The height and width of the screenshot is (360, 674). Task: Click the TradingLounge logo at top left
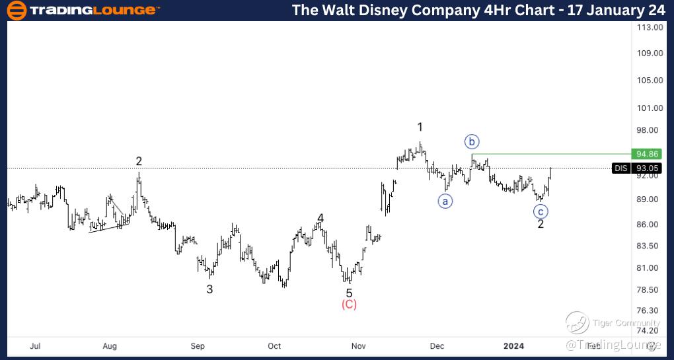(83, 10)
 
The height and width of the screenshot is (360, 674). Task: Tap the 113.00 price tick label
(650, 28)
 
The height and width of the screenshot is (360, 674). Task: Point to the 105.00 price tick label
(650, 81)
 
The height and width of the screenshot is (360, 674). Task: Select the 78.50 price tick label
(650, 290)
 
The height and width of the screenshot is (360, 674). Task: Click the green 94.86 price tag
(647, 154)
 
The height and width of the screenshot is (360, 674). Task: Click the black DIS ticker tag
(621, 168)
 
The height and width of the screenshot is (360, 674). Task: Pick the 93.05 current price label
(647, 168)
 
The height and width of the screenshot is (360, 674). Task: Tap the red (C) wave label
(349, 305)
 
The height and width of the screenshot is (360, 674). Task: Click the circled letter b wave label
(471, 141)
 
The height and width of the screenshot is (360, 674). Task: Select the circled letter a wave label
(445, 201)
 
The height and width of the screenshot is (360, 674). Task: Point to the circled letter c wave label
(541, 211)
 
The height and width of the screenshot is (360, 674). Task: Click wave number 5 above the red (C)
(349, 293)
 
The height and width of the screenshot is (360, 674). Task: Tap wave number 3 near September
(209, 289)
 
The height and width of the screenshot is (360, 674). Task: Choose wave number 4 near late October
(320, 218)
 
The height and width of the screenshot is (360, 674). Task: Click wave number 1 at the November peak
(420, 127)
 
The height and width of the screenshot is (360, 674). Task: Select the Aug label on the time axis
(110, 345)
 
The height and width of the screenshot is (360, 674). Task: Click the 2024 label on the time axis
(513, 345)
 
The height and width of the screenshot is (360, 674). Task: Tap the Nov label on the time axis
(359, 345)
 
